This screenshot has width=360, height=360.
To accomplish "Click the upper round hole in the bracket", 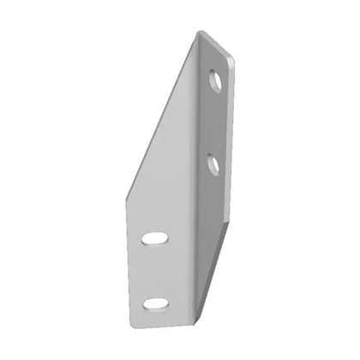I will click(x=214, y=82).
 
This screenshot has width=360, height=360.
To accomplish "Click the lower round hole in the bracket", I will click(x=213, y=163).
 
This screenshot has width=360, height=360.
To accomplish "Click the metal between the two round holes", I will click(x=214, y=123).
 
